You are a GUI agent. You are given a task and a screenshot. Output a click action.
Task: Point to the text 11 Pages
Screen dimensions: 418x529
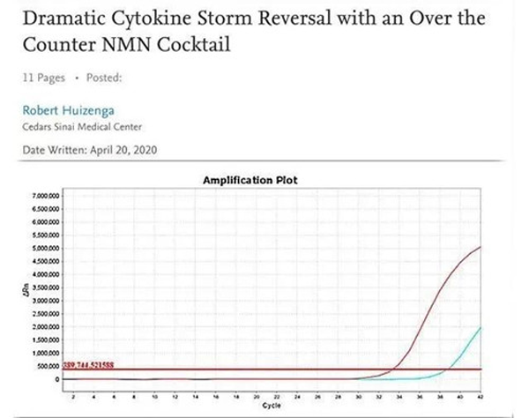(x=43, y=78)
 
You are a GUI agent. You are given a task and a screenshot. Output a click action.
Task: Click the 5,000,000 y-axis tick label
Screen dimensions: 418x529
(x=46, y=249)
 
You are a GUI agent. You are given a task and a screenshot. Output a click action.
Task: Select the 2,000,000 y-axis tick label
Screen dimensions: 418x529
(x=46, y=327)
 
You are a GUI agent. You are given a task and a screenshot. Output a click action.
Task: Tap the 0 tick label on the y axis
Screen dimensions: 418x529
(x=56, y=379)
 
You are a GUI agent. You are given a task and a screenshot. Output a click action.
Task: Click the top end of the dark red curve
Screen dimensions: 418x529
(x=479, y=248)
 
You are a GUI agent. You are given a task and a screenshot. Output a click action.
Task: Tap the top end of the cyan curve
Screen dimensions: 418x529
(x=479, y=328)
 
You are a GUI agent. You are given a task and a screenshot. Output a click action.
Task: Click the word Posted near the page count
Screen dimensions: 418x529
(x=104, y=78)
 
